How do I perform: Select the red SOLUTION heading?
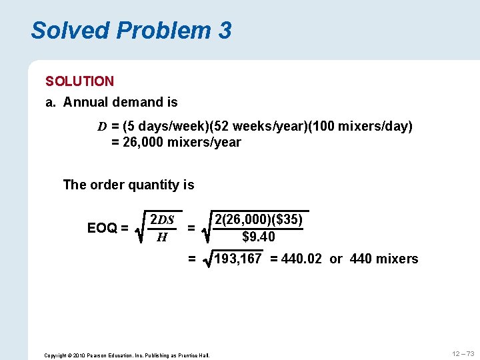pos(79,81)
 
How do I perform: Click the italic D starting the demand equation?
pos(102,126)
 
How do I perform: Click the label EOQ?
pos(103,228)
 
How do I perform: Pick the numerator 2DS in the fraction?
pos(162,220)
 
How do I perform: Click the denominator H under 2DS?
pos(161,237)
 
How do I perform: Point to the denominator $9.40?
pos(259,237)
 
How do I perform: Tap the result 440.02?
pos(303,259)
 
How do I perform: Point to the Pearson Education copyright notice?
pos(127,355)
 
